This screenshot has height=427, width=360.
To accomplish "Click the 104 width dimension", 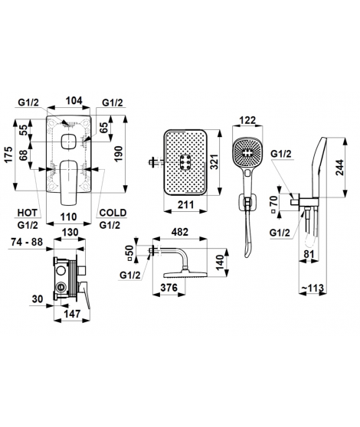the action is click(x=74, y=100).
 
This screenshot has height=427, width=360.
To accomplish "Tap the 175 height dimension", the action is click(x=9, y=155).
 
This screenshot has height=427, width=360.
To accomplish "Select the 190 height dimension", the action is click(x=118, y=154).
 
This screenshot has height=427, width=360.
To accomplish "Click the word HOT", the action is click(x=28, y=213).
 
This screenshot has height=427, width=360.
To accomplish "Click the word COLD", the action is click(x=113, y=213).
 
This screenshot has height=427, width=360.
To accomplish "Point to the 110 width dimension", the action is click(x=68, y=217).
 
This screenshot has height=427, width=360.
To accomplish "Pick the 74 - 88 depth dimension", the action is click(x=27, y=242).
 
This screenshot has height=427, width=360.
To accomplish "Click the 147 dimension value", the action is click(x=72, y=314).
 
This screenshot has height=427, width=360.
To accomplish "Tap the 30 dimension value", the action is click(x=38, y=299).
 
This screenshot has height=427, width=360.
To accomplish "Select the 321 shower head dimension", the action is click(x=215, y=161).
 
